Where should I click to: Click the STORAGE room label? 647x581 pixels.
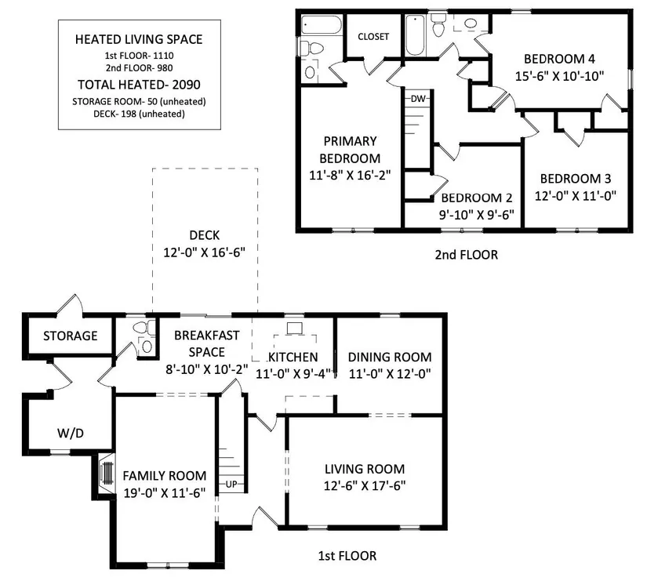[70, 336]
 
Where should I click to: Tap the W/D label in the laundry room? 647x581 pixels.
[71, 434]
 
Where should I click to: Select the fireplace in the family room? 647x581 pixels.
[107, 473]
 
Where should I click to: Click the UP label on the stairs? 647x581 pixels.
[231, 484]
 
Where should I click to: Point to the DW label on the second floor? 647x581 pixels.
[417, 99]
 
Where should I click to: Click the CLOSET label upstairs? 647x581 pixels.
[373, 37]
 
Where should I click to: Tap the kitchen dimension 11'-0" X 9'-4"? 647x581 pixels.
[293, 374]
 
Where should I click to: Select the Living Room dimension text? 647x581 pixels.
[365, 485]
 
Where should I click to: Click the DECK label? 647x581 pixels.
[204, 235]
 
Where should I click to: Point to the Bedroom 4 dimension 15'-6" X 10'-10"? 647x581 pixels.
[559, 76]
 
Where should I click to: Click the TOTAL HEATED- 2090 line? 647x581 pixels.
[139, 85]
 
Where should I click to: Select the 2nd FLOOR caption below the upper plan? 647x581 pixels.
[467, 255]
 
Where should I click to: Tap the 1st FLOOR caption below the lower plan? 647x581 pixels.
[347, 556]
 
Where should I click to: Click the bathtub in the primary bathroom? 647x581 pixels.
[321, 25]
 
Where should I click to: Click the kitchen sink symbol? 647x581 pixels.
[294, 329]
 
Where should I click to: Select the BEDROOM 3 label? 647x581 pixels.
[575, 179]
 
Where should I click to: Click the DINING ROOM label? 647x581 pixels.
[390, 357]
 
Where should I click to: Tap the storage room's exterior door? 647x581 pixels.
[70, 304]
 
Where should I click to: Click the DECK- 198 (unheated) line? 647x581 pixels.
[139, 114]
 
